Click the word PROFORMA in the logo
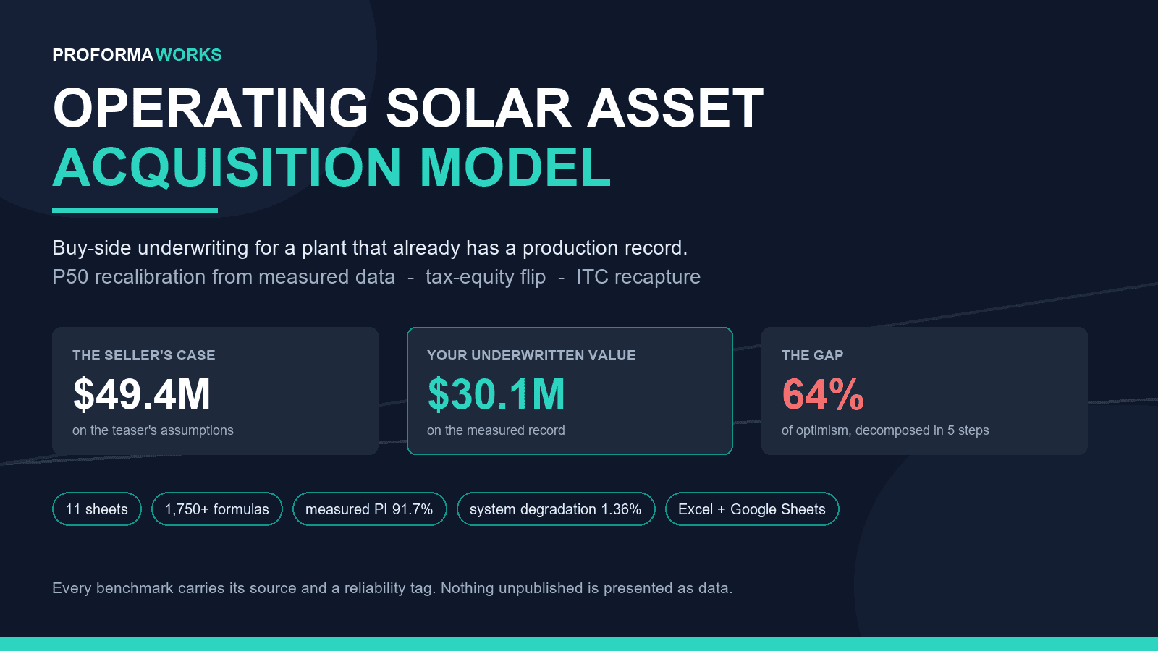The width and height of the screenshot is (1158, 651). coord(102,55)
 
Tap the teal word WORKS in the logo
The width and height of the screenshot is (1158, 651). coord(189,55)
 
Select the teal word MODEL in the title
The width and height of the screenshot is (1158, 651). coord(515,167)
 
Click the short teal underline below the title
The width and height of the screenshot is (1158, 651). coord(135,210)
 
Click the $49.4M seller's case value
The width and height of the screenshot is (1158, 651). coord(142,394)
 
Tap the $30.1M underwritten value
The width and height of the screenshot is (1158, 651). coord(496,394)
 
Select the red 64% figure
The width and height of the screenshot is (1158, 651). coord(822,394)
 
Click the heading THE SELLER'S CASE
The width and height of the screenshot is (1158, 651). coord(144,355)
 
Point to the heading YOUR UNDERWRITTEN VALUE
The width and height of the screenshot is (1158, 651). coord(531,355)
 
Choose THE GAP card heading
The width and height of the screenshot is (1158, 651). coord(812,355)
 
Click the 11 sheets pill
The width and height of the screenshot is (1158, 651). coord(97,509)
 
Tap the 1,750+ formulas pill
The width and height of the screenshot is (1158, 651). coord(217,509)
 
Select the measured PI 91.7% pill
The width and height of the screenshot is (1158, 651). coord(370,509)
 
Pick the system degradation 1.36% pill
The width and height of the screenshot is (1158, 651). coord(556,509)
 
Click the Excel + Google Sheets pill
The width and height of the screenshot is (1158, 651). coord(752,509)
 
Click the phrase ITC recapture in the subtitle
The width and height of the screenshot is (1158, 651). coord(638,277)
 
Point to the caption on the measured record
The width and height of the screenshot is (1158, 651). coord(496,430)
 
